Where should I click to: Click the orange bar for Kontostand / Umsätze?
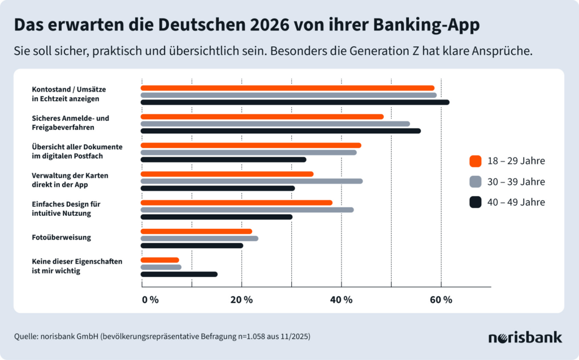pyautogui.click(x=287, y=88)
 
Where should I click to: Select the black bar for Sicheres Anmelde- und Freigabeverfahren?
pyautogui.click(x=280, y=131)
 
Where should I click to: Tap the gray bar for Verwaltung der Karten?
pyautogui.click(x=251, y=181)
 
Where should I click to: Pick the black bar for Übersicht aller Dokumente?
pyautogui.click(x=223, y=160)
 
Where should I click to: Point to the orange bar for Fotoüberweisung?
pyautogui.click(x=196, y=231)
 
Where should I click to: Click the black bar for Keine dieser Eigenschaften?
pyautogui.click(x=179, y=274)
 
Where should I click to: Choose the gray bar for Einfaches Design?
pyautogui.click(x=247, y=210)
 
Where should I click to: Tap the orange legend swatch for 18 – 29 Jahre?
pyautogui.click(x=475, y=161)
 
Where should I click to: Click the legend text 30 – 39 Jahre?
pyautogui.click(x=515, y=181)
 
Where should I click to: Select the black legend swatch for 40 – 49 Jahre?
pyautogui.click(x=475, y=202)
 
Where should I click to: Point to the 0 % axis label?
pyautogui.click(x=150, y=300)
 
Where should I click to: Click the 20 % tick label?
pyautogui.click(x=241, y=300)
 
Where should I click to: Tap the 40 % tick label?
pyautogui.click(x=341, y=300)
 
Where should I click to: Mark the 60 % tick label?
pyautogui.click(x=441, y=300)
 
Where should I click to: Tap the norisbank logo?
pyautogui.click(x=525, y=337)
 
